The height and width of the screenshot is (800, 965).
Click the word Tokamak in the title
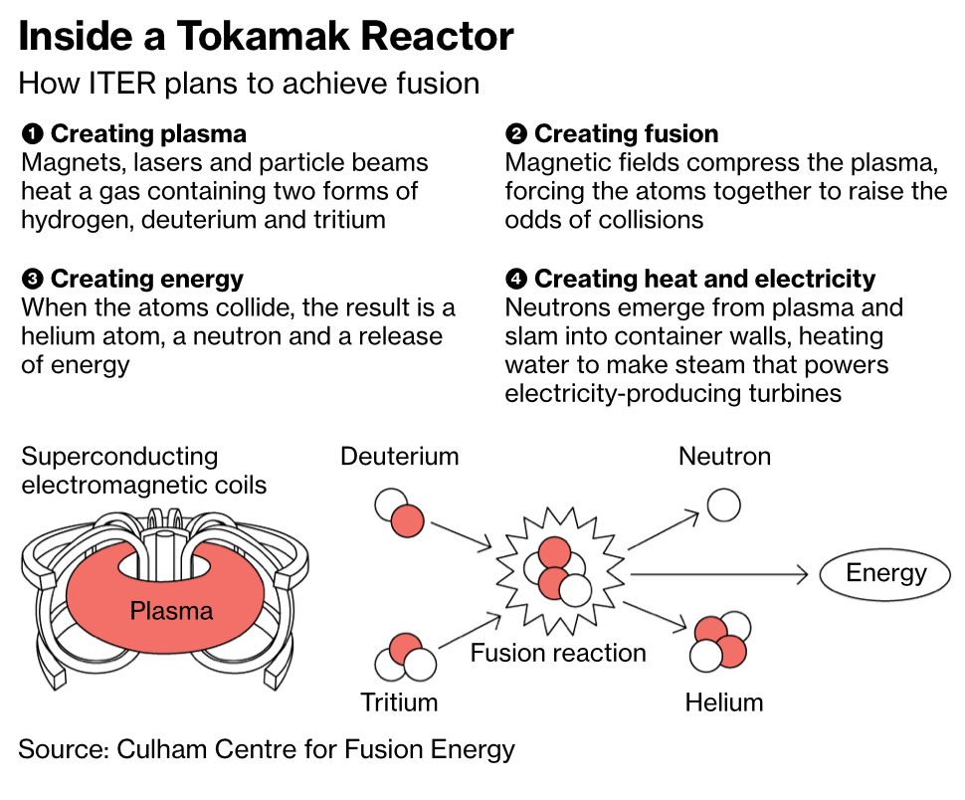click(x=265, y=37)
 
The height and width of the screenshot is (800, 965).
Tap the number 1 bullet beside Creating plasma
click(x=32, y=134)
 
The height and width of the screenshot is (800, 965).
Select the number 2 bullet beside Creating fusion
click(x=516, y=134)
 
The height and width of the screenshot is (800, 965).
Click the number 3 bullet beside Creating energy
click(x=32, y=280)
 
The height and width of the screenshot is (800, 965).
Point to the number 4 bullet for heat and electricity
click(x=516, y=280)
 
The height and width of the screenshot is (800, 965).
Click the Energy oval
click(x=885, y=574)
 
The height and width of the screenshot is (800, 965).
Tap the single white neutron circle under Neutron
click(x=724, y=504)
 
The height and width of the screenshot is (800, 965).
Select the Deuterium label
click(x=399, y=457)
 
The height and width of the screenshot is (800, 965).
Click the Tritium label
click(x=399, y=702)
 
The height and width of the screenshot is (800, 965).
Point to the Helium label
click(x=724, y=702)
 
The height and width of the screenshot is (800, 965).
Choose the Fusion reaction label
click(x=558, y=654)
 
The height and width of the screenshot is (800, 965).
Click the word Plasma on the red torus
click(x=171, y=610)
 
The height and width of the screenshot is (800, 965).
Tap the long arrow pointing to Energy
click(x=716, y=574)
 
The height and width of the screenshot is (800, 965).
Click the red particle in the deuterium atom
click(x=408, y=519)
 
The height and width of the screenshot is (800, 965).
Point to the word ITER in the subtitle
click(x=117, y=84)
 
